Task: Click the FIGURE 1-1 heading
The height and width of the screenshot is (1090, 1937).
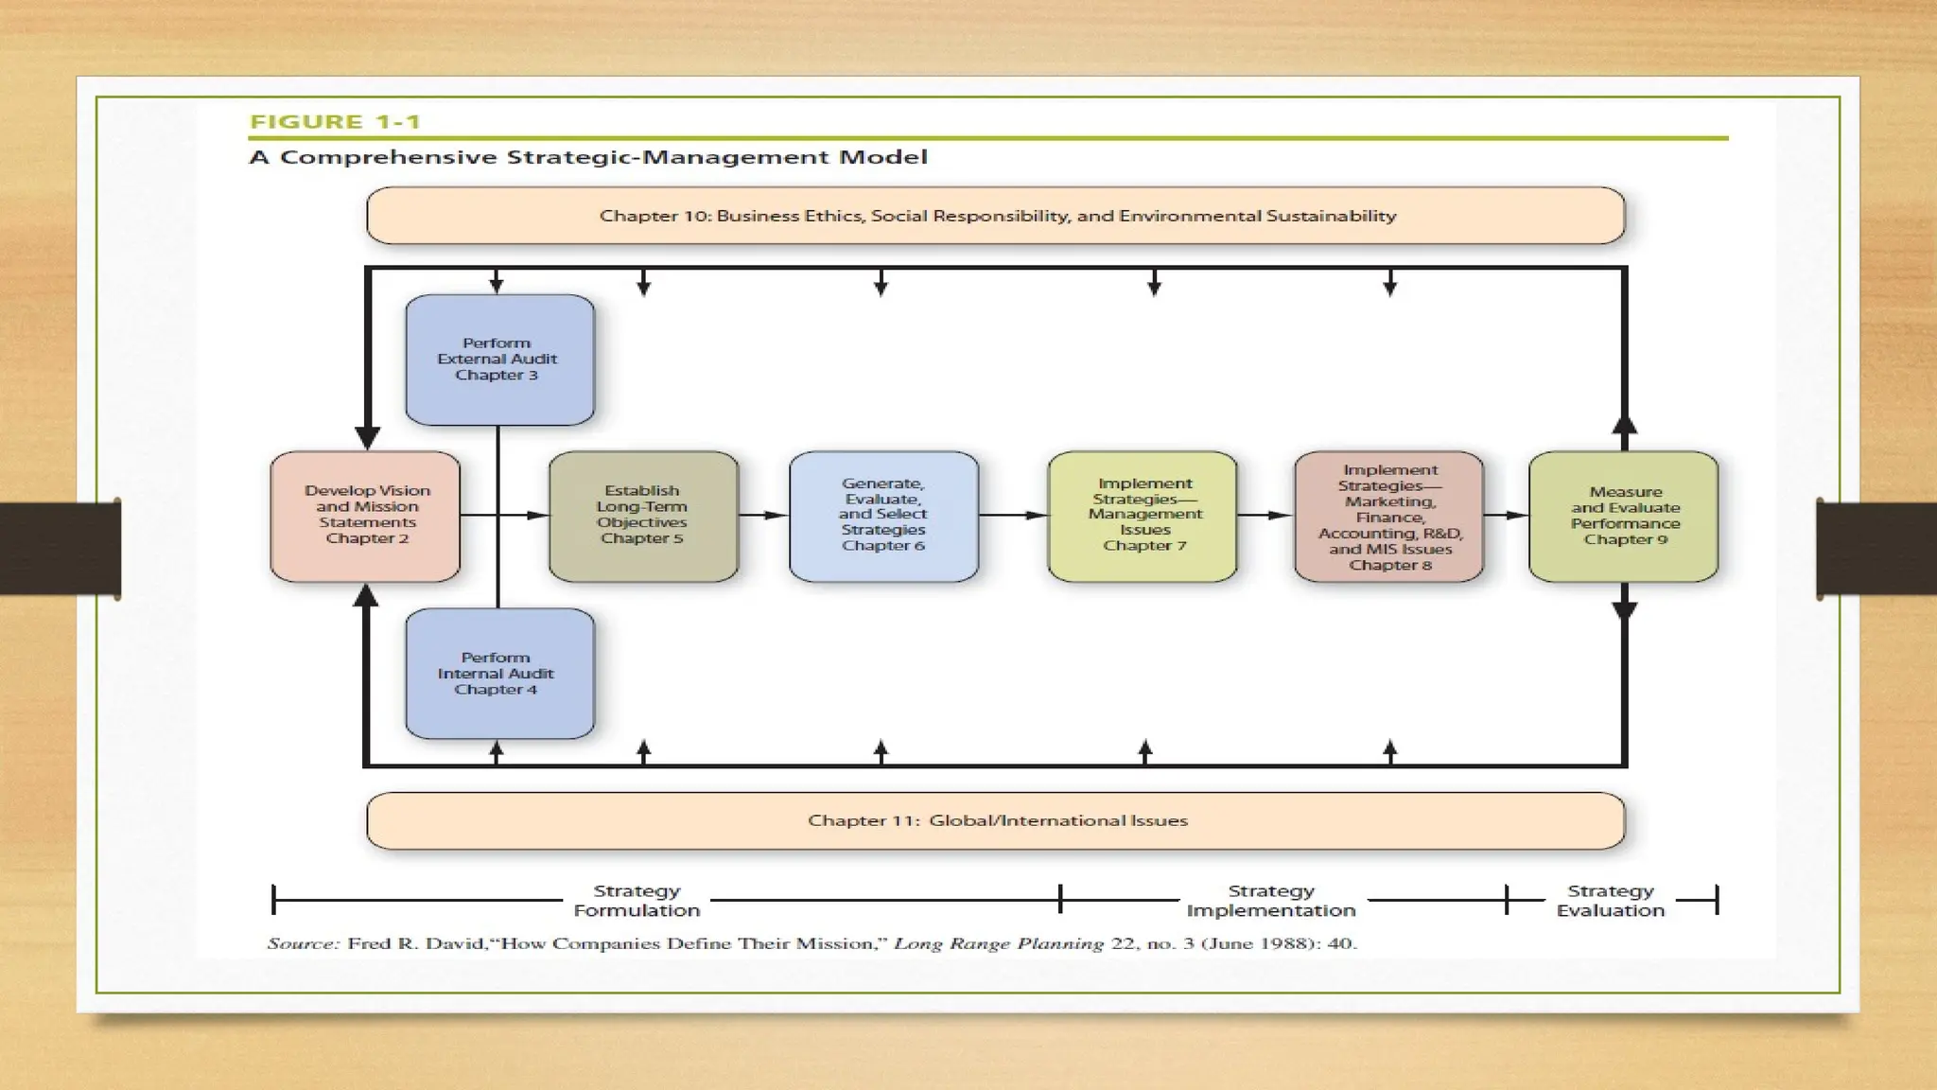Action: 335,121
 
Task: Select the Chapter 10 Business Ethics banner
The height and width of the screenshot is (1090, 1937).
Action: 996,216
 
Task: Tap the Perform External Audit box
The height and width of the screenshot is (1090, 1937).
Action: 499,360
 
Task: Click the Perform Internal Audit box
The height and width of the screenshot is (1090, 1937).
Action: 499,674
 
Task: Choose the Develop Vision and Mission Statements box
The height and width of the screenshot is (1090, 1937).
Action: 366,516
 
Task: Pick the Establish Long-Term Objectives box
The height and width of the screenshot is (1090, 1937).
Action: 643,516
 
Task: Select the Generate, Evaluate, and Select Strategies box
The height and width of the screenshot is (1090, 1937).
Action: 883,516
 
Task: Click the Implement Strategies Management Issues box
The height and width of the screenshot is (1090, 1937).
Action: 1143,516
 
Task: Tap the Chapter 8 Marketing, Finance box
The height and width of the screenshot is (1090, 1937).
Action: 1388,517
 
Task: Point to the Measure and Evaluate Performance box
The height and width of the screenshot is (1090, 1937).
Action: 1623,516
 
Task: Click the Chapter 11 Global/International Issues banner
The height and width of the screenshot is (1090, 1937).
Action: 996,820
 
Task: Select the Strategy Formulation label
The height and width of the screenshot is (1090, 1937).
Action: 637,901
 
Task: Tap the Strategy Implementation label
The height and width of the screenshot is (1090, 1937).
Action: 1271,901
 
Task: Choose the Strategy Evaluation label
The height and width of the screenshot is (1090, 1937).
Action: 1611,901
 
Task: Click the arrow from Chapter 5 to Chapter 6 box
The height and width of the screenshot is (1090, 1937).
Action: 763,515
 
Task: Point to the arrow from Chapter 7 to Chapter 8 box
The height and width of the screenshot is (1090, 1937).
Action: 1265,515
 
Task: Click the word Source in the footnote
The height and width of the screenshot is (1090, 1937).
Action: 303,943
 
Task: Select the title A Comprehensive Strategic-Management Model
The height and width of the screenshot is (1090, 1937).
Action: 588,157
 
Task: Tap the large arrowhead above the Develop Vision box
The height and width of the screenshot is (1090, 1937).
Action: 367,437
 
